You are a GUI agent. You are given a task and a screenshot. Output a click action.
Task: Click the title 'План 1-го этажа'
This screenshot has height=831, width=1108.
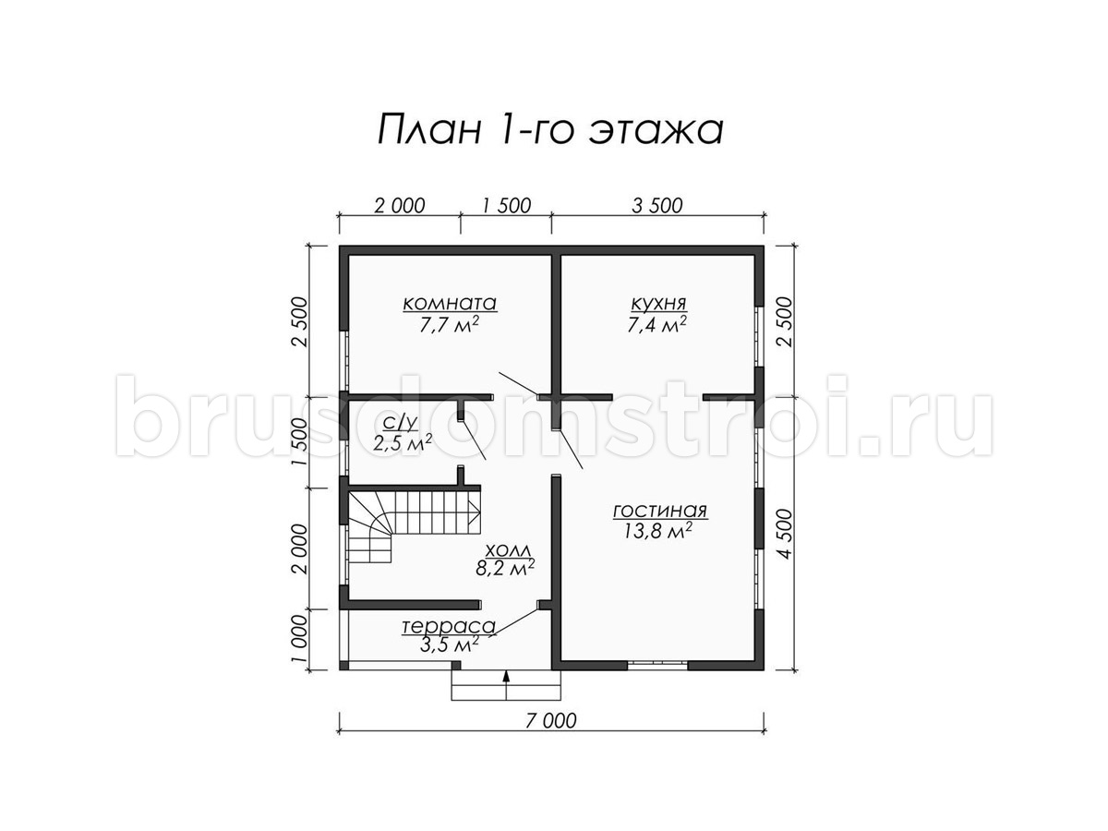(x=550, y=129)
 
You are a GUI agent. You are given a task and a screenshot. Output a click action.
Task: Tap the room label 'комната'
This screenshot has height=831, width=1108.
(x=450, y=304)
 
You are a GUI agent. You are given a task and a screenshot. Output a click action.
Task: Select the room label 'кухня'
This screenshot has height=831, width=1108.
(x=658, y=304)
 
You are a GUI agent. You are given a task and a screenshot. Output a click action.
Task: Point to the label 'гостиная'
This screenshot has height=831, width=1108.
(x=660, y=512)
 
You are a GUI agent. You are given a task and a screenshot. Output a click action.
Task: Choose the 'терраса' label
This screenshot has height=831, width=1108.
(x=448, y=627)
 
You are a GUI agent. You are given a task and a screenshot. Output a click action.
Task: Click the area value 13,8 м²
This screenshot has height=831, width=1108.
(x=657, y=532)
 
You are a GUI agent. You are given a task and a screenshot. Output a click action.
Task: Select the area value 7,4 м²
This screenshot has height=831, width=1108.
(x=656, y=325)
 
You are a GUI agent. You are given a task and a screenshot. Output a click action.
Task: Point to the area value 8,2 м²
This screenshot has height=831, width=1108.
(x=505, y=569)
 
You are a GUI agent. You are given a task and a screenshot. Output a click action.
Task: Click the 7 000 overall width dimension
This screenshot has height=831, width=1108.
(x=550, y=721)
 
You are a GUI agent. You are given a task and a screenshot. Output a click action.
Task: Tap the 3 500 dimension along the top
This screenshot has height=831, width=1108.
(x=657, y=206)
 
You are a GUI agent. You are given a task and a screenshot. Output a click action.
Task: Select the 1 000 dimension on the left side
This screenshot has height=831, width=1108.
(x=299, y=639)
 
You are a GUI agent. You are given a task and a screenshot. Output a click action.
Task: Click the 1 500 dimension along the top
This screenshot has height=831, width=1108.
(x=506, y=206)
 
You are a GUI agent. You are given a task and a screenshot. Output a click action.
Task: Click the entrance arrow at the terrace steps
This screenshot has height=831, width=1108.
(x=506, y=683)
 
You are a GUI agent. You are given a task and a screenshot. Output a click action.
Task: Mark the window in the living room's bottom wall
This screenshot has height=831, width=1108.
(x=657, y=665)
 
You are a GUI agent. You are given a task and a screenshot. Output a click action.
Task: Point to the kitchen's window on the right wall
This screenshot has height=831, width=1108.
(x=759, y=335)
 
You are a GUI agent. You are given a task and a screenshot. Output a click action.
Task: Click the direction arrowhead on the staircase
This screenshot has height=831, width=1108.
(x=474, y=513)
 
